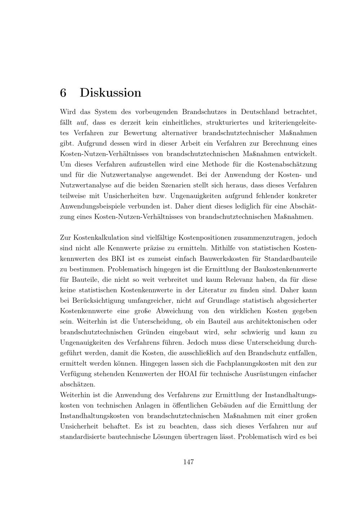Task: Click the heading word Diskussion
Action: click(111, 93)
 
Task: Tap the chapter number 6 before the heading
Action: click(63, 93)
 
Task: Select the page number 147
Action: click(189, 462)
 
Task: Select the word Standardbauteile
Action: click(291, 258)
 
